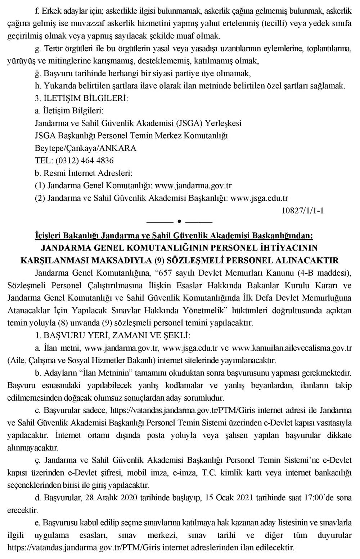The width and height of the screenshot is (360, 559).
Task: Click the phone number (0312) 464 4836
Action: tap(85, 161)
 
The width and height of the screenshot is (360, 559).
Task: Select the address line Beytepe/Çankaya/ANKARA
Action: tap(86, 148)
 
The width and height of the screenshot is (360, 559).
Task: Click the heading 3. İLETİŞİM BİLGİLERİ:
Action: tap(81, 98)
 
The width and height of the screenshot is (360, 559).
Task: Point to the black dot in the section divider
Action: tap(179, 220)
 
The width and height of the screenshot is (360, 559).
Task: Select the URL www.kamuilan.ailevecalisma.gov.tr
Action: tap(292, 348)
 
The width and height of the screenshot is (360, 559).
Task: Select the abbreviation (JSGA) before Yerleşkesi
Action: tap(189, 123)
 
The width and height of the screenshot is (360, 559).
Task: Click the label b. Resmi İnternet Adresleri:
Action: tap(84, 173)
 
